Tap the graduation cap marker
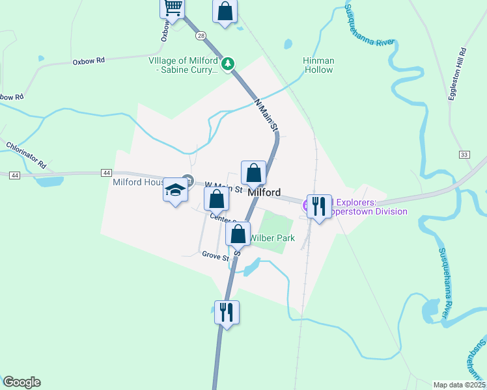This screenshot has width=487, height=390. (175, 190)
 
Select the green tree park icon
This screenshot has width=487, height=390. (228, 64)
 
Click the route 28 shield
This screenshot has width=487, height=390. (201, 34)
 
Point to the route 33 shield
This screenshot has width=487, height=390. (464, 155)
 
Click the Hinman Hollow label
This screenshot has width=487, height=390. (318, 65)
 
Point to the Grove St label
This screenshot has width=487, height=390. (216, 255)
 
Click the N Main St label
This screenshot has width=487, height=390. (266, 114)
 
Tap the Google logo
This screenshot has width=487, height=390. (21, 382)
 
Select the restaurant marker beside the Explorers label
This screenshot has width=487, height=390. (319, 207)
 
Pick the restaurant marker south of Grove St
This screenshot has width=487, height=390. (227, 313)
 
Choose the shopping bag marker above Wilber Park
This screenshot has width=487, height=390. (239, 233)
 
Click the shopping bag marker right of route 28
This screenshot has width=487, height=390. (225, 10)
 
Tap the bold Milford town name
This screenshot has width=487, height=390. (264, 193)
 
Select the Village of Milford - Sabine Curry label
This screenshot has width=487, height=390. (185, 65)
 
